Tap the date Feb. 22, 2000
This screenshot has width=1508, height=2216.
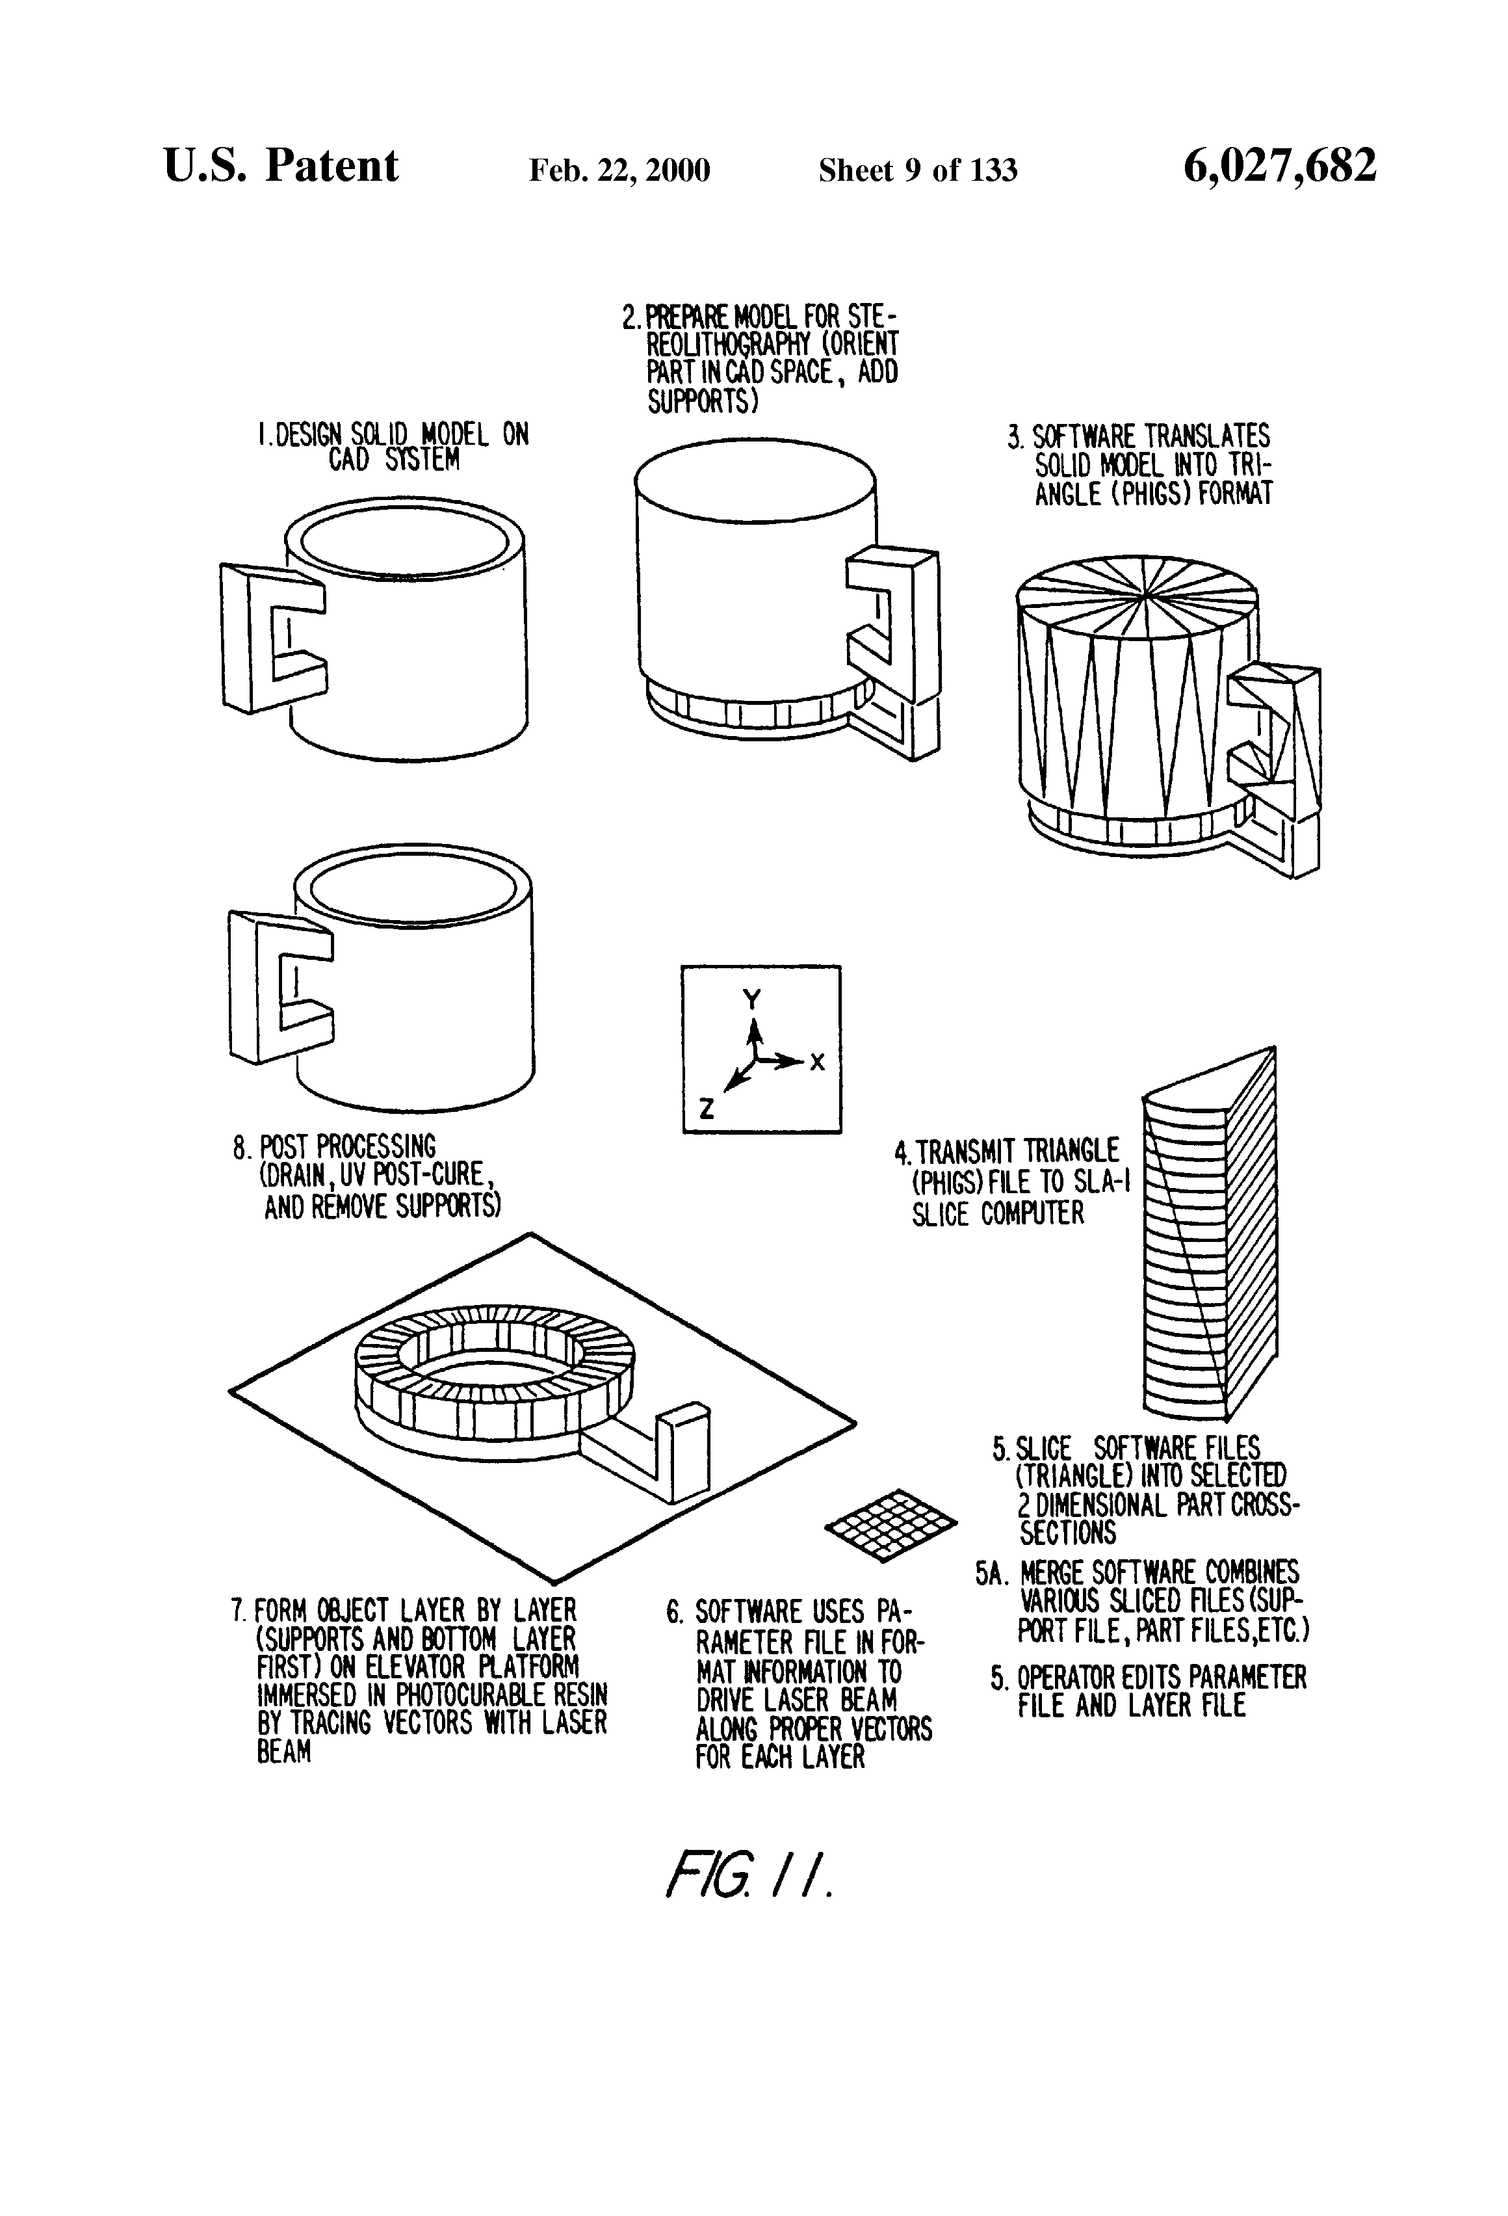(619, 170)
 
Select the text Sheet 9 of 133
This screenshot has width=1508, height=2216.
(917, 170)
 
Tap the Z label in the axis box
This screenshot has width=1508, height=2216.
(707, 1109)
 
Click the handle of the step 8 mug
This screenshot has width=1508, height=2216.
(279, 986)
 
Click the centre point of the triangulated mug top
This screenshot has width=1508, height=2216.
(1143, 598)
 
